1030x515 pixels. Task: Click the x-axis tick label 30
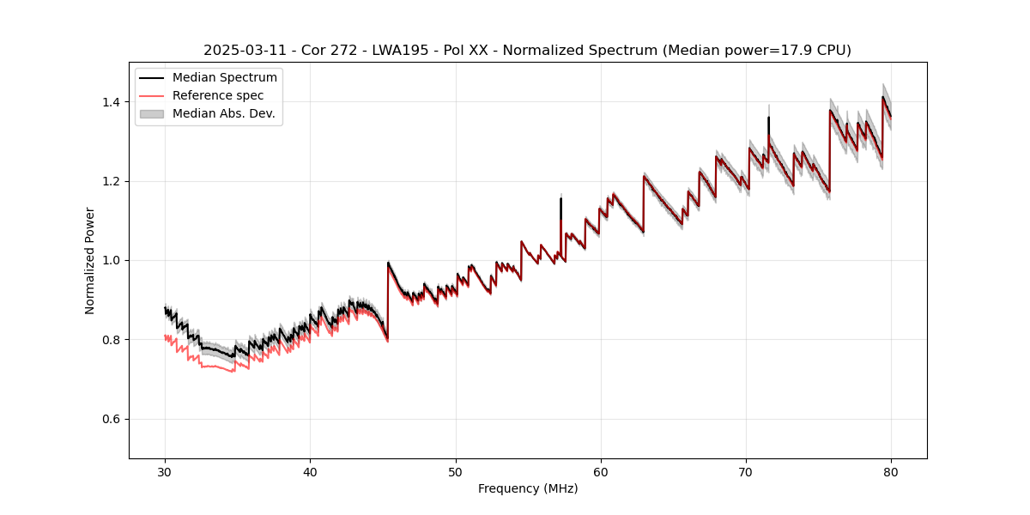pos(165,472)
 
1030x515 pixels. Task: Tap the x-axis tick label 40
pos(310,472)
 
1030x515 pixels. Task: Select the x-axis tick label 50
pos(456,472)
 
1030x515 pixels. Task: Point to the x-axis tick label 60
pos(601,472)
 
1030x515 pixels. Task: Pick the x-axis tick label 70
pos(746,472)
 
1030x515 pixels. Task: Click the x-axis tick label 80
pos(891,472)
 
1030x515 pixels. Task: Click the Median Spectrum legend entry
pos(224,78)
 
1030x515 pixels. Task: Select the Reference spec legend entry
pos(218,95)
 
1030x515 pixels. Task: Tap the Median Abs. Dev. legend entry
pos(223,113)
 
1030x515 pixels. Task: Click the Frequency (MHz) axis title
pos(528,488)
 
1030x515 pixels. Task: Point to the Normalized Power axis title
pos(90,260)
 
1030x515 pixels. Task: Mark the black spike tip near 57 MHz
pos(560,198)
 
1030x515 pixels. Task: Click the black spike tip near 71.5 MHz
pos(768,118)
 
